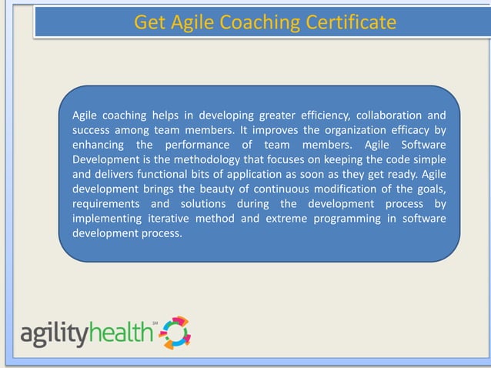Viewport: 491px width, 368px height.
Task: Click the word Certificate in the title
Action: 348,22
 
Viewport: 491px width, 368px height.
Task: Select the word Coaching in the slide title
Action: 259,22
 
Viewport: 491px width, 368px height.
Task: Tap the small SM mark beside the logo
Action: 154,323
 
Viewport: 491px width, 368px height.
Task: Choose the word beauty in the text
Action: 225,189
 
